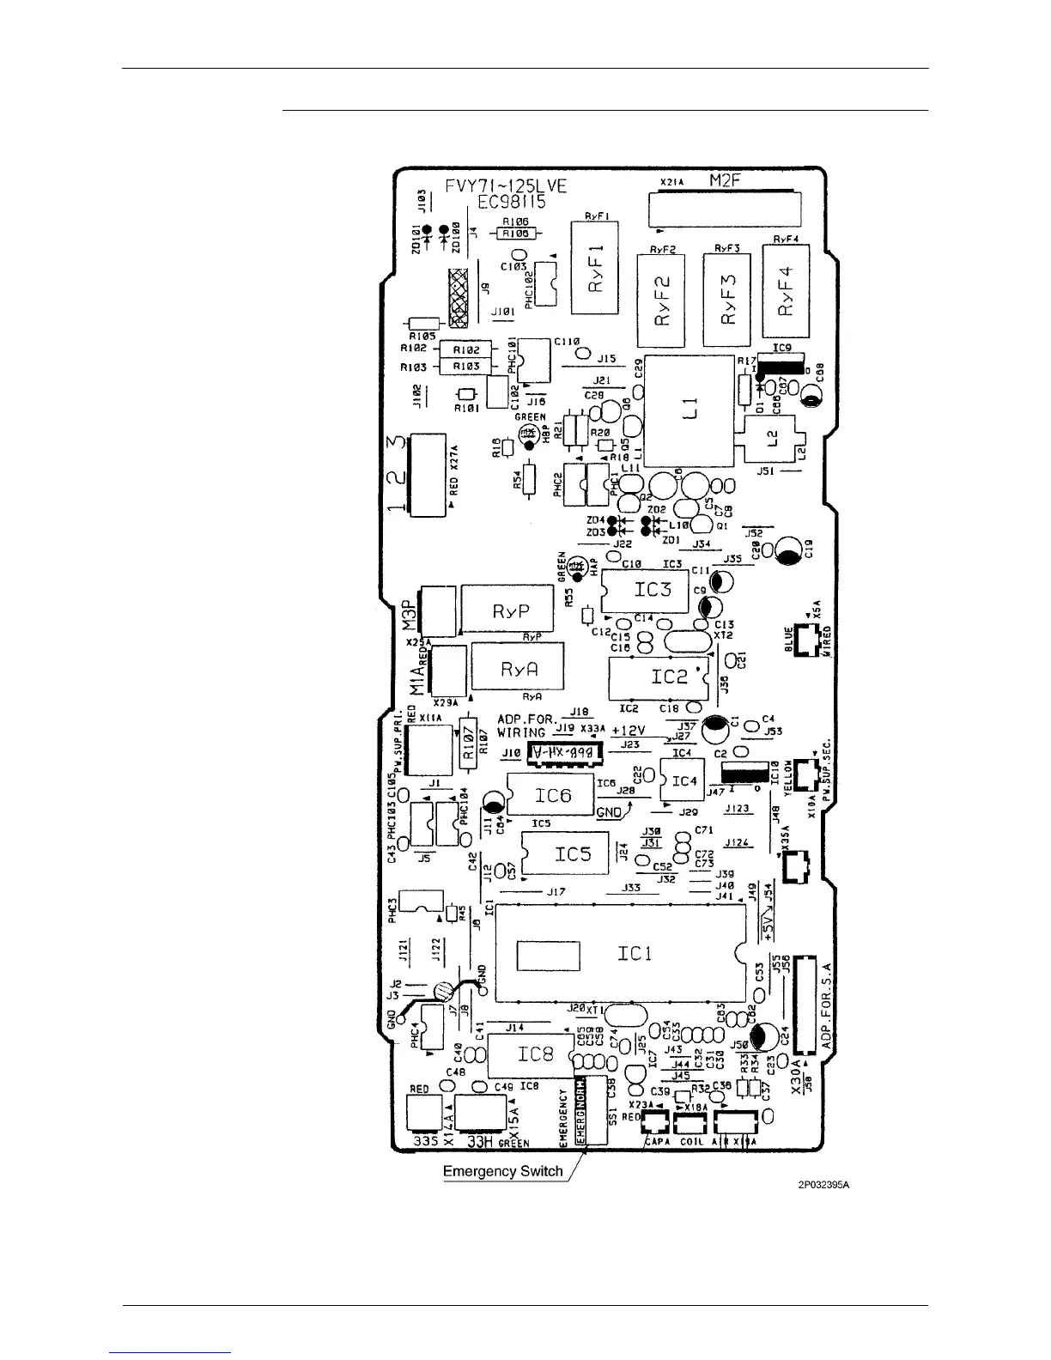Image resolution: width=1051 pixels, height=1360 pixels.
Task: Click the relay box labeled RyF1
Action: click(598, 269)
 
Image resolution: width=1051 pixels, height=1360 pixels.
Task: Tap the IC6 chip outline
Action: click(551, 796)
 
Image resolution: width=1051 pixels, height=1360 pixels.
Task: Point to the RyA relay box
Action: click(519, 668)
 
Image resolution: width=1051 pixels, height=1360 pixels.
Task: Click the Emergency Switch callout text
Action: click(503, 1171)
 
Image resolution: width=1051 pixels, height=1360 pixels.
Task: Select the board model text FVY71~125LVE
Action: click(506, 185)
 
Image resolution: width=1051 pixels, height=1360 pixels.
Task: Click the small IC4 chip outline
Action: click(683, 780)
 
